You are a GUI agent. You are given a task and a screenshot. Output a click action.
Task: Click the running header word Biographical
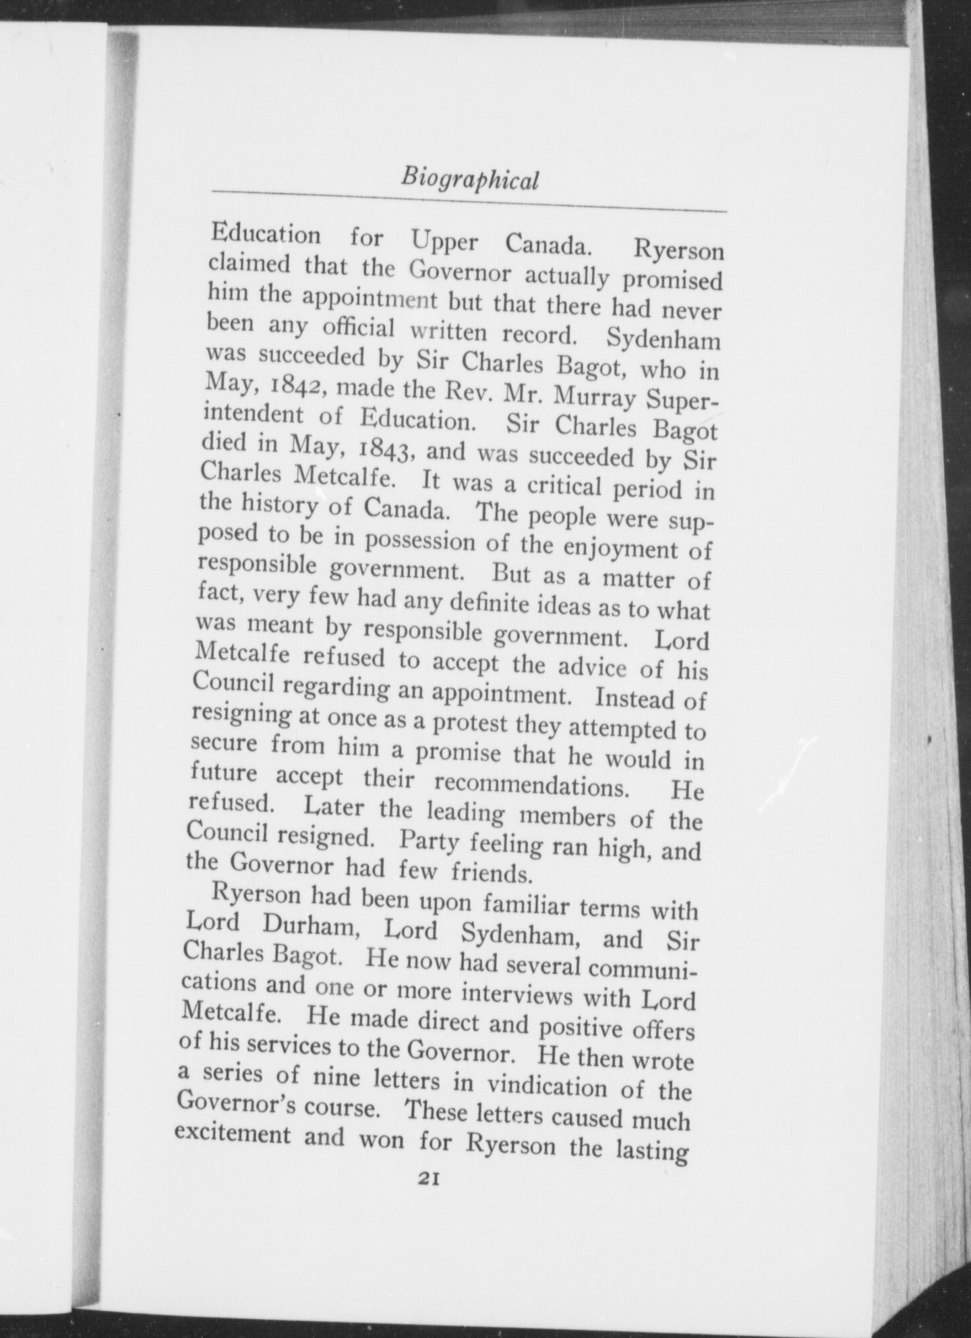469,180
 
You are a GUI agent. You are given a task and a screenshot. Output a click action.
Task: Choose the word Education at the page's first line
266,235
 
